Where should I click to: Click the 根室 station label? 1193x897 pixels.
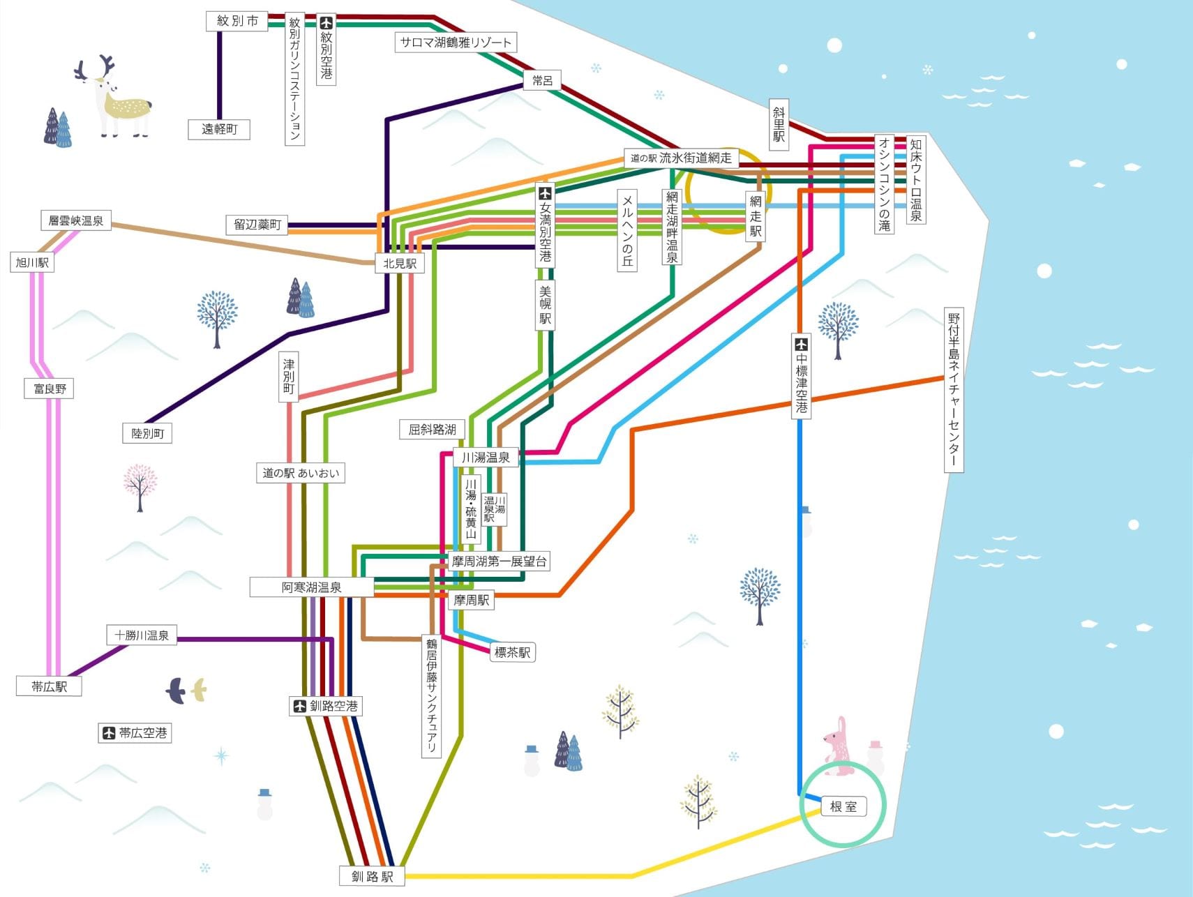[843, 807]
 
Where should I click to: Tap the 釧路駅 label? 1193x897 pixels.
[373, 876]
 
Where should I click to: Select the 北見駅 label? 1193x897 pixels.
[400, 263]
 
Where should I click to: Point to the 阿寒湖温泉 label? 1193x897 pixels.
[311, 587]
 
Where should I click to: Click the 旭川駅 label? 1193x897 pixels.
[32, 263]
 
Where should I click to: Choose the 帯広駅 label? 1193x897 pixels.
[49, 686]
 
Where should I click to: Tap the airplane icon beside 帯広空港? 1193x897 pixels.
[109, 733]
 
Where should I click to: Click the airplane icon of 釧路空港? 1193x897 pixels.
[300, 706]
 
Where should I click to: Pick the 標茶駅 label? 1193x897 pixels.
[512, 652]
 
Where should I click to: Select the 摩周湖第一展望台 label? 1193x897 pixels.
[499, 561]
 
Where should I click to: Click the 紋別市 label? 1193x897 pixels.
[237, 21]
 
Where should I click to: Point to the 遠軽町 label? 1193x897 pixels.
[219, 129]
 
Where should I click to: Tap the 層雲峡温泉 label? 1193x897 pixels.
[75, 221]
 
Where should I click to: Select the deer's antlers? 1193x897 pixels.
[96, 68]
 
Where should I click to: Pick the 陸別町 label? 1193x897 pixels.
[147, 433]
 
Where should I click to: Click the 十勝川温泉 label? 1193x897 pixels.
[142, 635]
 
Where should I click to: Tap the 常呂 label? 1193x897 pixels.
[542, 81]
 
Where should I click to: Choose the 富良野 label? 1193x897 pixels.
[50, 389]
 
